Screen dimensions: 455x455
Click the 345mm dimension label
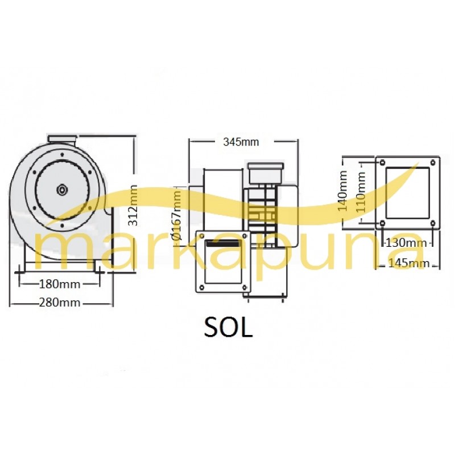click(x=241, y=142)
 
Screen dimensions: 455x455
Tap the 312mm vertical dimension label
click(x=133, y=205)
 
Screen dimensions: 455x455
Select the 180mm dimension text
click(x=60, y=284)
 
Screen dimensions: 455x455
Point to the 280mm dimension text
click(x=60, y=303)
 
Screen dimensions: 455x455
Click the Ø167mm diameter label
click(x=176, y=215)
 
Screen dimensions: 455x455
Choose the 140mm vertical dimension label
click(x=343, y=191)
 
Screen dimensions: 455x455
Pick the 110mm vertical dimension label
click(x=361, y=192)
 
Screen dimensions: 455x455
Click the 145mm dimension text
click(x=408, y=263)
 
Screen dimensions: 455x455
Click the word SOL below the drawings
click(x=228, y=328)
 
